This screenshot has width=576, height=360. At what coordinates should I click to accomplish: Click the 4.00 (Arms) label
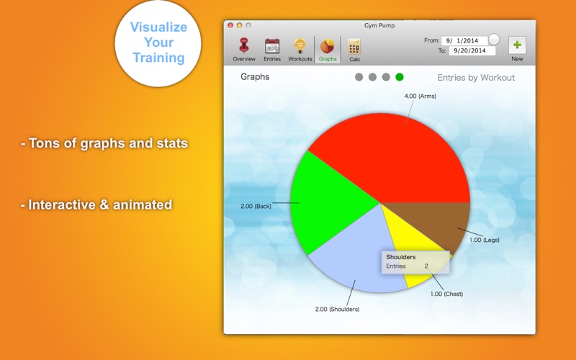(420, 96)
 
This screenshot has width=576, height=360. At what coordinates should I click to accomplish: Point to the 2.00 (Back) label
(256, 206)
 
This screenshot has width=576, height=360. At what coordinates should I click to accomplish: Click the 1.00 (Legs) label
(484, 240)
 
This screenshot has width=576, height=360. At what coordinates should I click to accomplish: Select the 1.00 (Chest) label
(446, 294)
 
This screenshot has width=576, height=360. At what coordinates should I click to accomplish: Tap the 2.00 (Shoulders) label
(337, 310)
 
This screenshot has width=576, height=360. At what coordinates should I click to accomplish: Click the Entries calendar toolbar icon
(272, 46)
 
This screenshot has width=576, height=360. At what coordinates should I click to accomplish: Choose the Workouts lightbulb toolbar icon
(300, 46)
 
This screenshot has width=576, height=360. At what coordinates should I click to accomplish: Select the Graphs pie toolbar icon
(328, 46)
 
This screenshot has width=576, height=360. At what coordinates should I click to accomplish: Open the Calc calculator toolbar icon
(354, 47)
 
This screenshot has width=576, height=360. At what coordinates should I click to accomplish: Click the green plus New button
(517, 45)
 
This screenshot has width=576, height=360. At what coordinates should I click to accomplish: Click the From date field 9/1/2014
(464, 40)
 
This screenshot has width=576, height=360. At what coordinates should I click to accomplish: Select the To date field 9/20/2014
(472, 50)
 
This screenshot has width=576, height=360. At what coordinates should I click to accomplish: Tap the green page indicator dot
(400, 77)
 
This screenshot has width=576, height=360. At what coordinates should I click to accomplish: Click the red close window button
(230, 25)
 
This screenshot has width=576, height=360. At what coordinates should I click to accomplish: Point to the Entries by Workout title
(476, 78)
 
